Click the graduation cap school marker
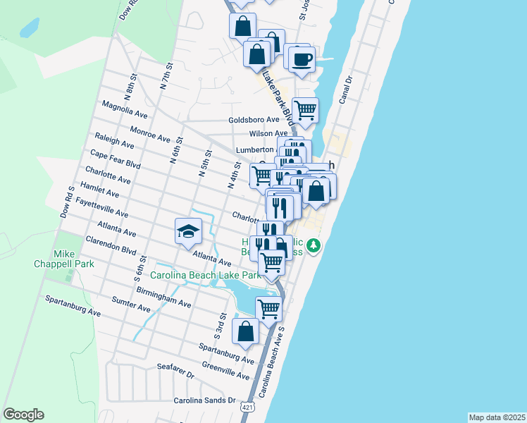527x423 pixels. tap(188, 232)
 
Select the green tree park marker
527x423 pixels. tap(316, 246)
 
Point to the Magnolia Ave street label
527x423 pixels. tap(125, 109)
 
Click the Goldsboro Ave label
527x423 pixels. tap(254, 120)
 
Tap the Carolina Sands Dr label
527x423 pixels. tap(205, 400)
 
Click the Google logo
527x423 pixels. tap(23, 415)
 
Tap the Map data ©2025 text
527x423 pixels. tap(497, 417)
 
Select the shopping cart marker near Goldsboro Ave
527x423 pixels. tap(305, 110)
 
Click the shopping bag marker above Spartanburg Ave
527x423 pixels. tap(245, 331)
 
